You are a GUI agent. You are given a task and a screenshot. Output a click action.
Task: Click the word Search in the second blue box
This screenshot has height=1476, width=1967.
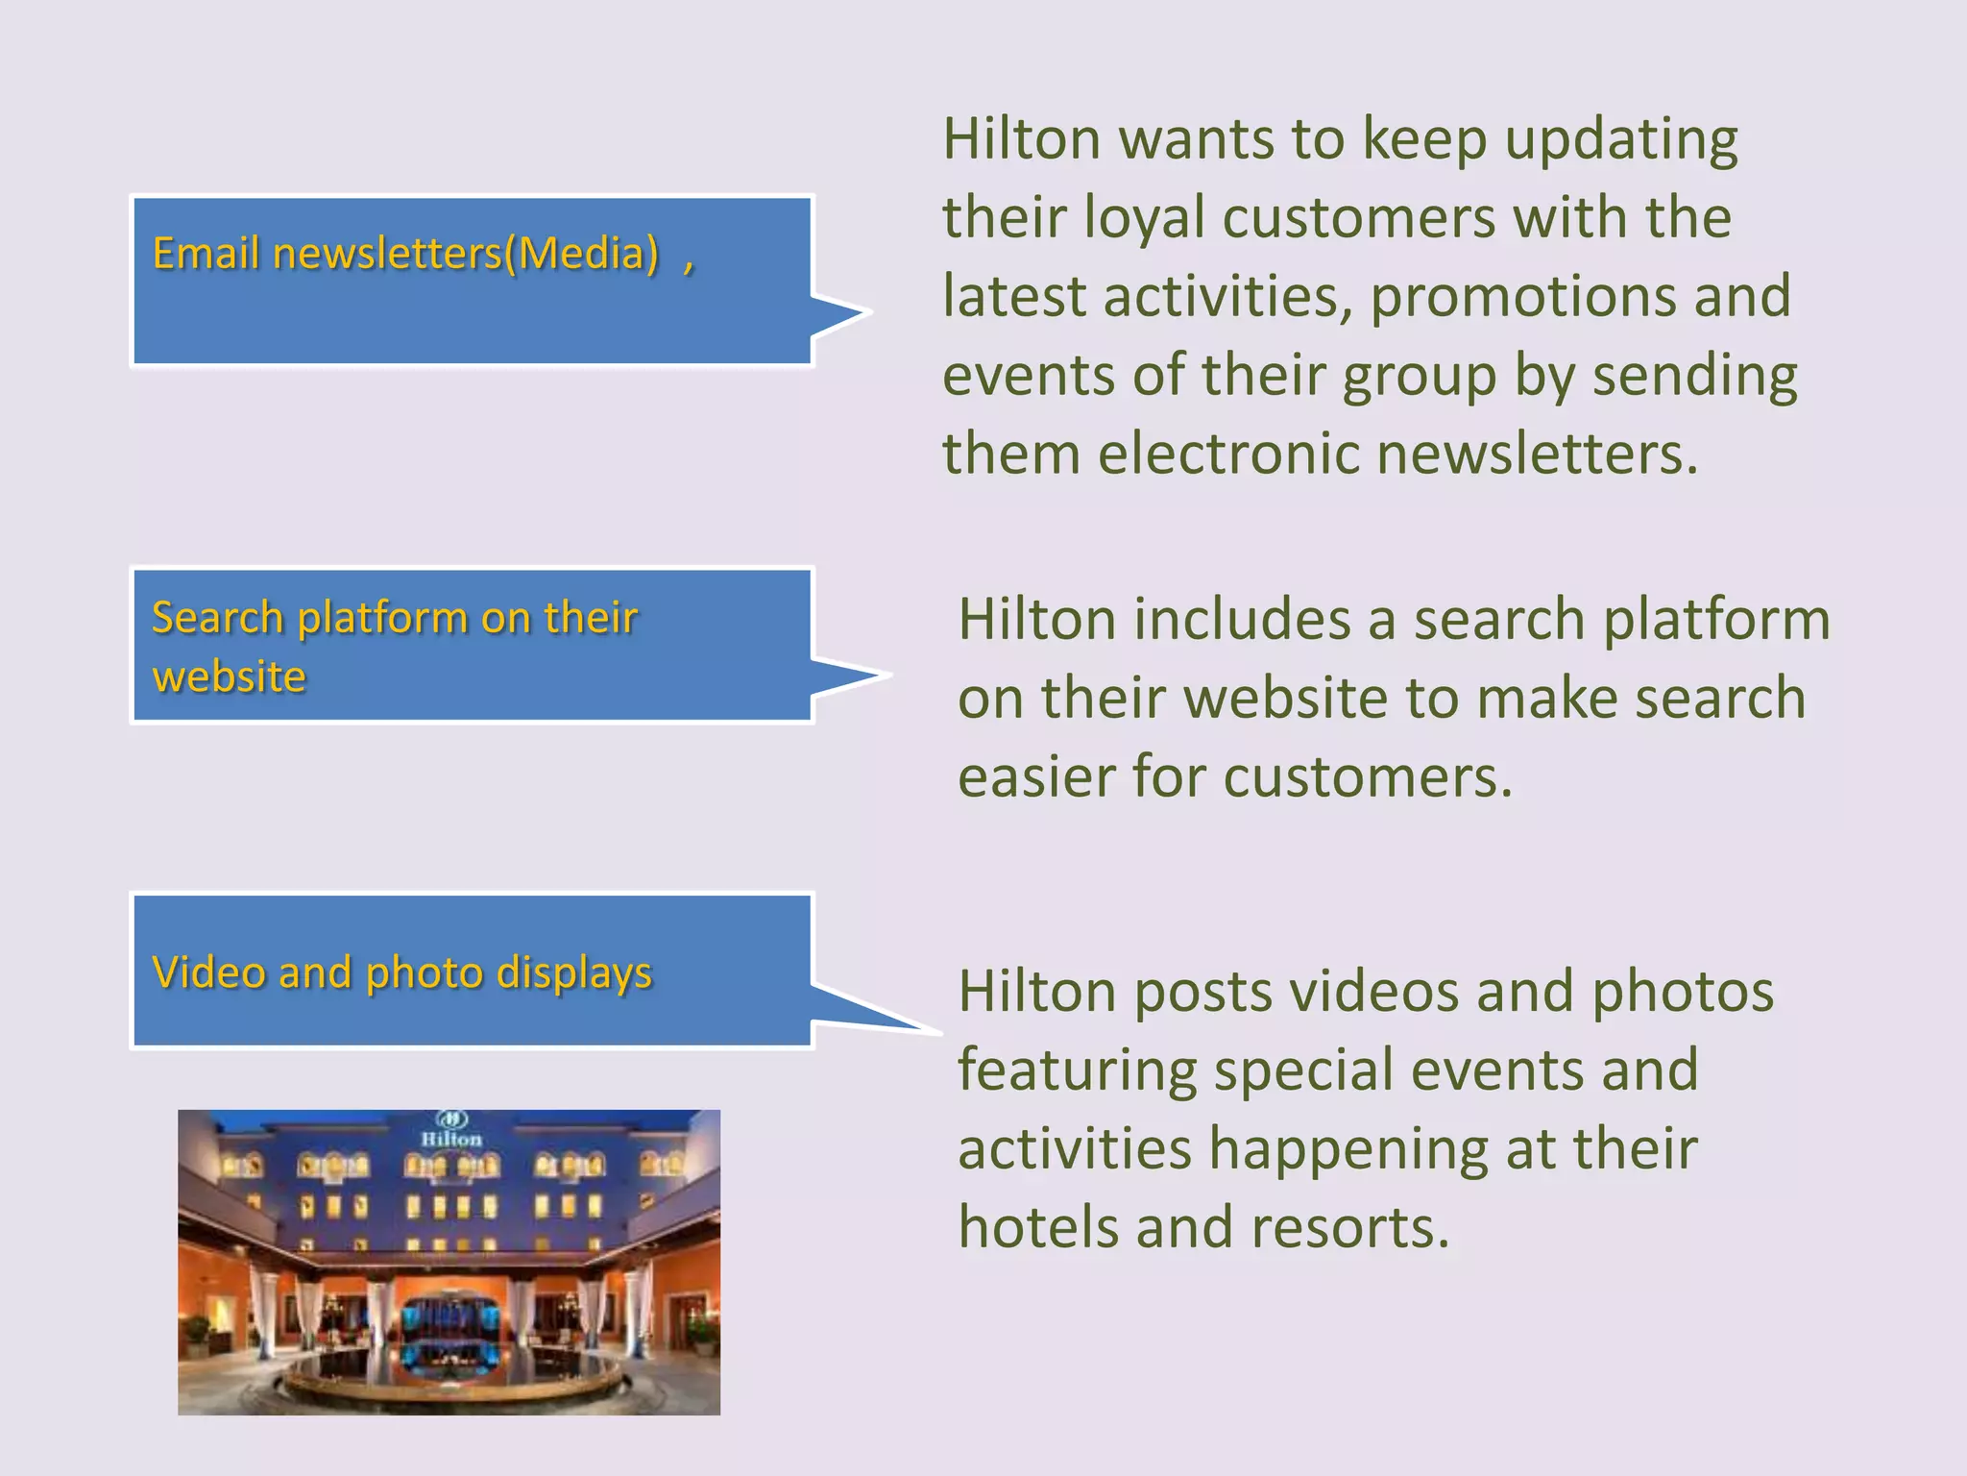(x=217, y=618)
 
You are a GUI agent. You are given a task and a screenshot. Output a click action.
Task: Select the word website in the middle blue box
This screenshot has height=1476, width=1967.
(x=229, y=677)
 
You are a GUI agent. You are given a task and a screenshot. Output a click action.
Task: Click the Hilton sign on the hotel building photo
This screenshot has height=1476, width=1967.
(x=451, y=1138)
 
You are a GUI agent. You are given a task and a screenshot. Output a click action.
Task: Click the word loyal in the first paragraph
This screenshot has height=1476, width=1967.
(x=1144, y=217)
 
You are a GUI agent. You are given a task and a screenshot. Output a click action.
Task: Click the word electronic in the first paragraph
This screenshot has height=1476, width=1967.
(x=1228, y=454)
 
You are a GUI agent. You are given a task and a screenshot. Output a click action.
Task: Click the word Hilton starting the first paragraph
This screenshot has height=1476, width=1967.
(x=1021, y=138)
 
